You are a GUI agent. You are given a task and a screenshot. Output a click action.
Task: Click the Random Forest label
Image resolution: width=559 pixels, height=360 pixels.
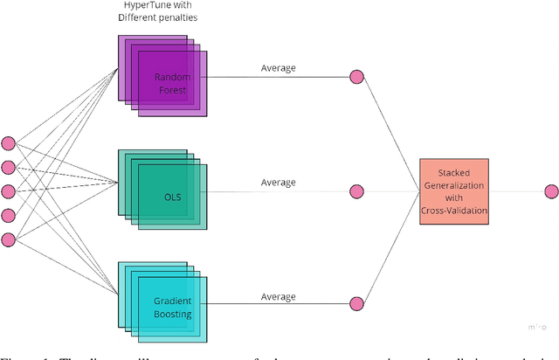172,83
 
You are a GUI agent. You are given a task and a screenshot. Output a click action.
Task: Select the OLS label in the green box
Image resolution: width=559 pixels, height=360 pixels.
172,195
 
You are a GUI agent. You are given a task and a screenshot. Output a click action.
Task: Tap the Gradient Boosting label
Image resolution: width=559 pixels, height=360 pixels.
172,308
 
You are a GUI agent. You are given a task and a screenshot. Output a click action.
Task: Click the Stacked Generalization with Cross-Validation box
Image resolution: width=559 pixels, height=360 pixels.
452,192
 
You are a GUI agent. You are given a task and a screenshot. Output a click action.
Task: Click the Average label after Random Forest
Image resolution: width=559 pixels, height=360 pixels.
279,68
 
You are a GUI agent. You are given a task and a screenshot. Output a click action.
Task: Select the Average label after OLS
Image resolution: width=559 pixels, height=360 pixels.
279,183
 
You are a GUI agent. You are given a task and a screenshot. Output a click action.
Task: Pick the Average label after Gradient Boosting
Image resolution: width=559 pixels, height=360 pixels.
279,296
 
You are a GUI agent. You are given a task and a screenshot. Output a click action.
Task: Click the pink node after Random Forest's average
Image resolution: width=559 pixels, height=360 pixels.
356,77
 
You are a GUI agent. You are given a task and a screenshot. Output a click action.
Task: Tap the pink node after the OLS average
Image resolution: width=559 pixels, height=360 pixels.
356,191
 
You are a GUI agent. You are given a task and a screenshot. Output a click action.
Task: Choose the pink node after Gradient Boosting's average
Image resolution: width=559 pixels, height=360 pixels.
356,304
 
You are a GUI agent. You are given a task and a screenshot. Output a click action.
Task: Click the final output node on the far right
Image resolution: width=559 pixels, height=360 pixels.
550,191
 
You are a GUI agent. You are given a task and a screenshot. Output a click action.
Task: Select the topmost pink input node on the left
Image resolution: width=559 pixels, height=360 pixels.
8,143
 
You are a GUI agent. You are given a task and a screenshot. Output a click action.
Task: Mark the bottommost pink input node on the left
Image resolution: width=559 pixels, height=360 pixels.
8,239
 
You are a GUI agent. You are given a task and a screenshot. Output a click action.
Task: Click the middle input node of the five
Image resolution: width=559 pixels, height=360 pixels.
8,191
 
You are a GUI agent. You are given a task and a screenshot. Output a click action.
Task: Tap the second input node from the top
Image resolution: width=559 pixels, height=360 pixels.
8,167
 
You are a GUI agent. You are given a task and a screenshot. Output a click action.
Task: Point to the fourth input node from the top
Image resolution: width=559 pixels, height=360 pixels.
8,215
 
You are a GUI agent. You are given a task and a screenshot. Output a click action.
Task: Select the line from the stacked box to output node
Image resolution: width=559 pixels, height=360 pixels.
514,191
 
